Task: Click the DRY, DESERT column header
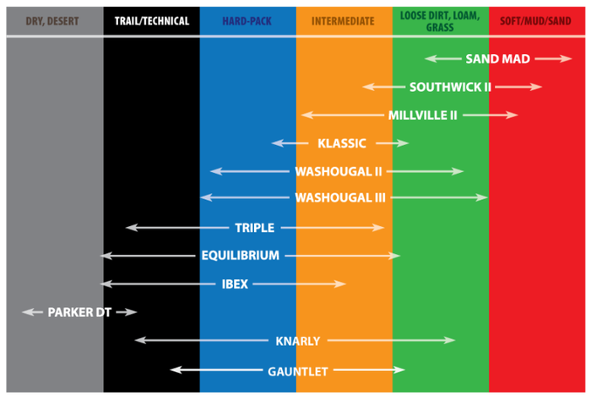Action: (x=52, y=21)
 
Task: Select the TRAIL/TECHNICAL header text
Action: (x=152, y=21)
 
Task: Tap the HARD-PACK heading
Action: (x=247, y=21)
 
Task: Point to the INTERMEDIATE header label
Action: (x=343, y=21)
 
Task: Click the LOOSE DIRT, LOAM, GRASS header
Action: (x=440, y=21)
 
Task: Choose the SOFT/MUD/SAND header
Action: (x=535, y=21)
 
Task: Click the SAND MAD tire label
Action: (x=498, y=59)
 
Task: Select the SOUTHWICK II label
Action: (x=450, y=87)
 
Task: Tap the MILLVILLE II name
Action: (x=423, y=116)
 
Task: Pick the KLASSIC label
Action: (x=342, y=143)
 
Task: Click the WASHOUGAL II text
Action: (x=339, y=171)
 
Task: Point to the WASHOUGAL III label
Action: (x=340, y=197)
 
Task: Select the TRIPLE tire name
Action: (x=255, y=228)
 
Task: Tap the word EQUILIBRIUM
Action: (x=241, y=256)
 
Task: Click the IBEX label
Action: (x=235, y=283)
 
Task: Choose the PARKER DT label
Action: (x=79, y=312)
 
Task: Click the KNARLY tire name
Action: (x=298, y=341)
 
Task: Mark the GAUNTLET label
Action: (x=298, y=371)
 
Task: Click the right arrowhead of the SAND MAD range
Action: (x=567, y=58)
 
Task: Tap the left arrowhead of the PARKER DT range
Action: (x=28, y=311)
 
